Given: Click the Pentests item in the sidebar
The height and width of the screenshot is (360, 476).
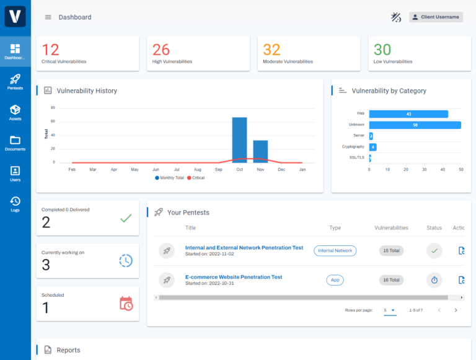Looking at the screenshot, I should (x=15, y=82).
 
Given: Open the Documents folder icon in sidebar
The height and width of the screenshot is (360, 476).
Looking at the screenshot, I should (x=15, y=143).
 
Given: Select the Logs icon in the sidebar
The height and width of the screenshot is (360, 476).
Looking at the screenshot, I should (x=15, y=203).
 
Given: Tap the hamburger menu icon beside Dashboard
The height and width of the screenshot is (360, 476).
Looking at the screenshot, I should (x=48, y=17).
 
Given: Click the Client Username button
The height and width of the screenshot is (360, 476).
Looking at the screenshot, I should (x=436, y=17).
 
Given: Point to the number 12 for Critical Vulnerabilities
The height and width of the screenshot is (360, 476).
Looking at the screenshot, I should (x=51, y=50).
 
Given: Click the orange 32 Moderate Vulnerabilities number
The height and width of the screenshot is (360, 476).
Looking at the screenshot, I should (x=271, y=50).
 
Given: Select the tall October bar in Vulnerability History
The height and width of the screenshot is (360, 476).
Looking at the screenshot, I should (x=239, y=139).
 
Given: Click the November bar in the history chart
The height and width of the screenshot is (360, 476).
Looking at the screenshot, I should (x=260, y=151).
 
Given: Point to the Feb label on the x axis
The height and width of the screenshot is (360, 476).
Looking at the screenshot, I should (x=72, y=169).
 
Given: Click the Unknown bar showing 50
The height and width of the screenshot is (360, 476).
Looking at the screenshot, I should (x=415, y=125).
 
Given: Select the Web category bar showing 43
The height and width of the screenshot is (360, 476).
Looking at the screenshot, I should (x=408, y=114).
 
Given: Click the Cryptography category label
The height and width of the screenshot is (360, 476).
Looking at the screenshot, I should (x=353, y=147).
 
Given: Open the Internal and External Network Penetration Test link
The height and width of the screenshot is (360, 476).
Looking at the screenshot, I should (x=244, y=247).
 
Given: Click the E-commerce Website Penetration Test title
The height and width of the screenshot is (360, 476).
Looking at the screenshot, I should (x=234, y=277).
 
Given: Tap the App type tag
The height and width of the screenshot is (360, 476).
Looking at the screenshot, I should (x=335, y=280).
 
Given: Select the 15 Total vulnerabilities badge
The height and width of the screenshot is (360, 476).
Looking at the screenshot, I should (x=391, y=250).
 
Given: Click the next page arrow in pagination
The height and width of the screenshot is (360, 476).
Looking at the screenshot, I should (x=456, y=310).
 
